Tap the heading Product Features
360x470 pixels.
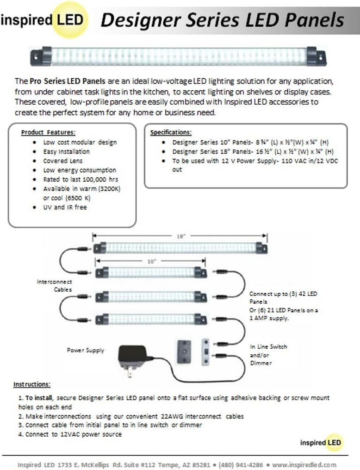[x=48, y=132]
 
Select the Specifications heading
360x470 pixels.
[x=171, y=132]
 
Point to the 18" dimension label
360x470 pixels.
[x=181, y=236]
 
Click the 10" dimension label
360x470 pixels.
[x=152, y=262]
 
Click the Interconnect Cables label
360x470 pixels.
[x=54, y=286]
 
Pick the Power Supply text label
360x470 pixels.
[x=86, y=351]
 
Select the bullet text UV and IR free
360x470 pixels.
[x=65, y=207]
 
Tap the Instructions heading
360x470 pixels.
[x=32, y=384]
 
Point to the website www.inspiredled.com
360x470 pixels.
[x=304, y=464]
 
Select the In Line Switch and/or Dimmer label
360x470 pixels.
[x=268, y=355]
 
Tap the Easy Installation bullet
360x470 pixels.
[x=67, y=151]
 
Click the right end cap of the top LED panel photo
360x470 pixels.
[x=316, y=56]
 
